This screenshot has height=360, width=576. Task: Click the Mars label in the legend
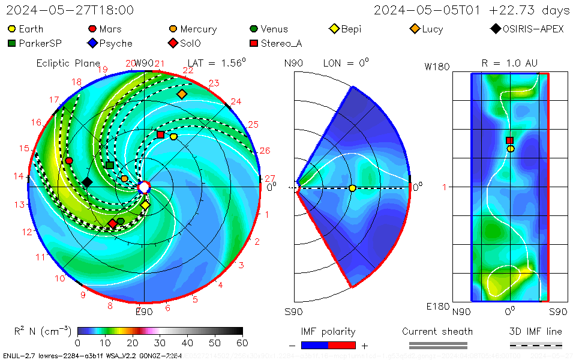click(110, 29)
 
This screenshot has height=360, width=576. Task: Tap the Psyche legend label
click(115, 43)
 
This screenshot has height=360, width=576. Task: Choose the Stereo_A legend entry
click(280, 43)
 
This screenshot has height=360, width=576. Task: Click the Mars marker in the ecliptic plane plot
click(69, 161)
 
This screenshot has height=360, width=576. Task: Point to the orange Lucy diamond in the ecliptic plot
click(182, 94)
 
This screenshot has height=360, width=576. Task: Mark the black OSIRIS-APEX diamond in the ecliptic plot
click(87, 182)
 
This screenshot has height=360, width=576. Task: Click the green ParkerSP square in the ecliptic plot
click(110, 165)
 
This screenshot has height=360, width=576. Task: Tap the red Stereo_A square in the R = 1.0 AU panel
click(510, 140)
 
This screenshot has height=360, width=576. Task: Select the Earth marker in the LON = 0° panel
click(352, 188)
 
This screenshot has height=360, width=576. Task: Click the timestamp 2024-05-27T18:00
click(70, 10)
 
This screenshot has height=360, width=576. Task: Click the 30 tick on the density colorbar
click(160, 343)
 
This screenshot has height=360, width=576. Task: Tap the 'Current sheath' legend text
click(437, 331)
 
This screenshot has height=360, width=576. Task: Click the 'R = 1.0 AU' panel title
click(509, 63)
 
